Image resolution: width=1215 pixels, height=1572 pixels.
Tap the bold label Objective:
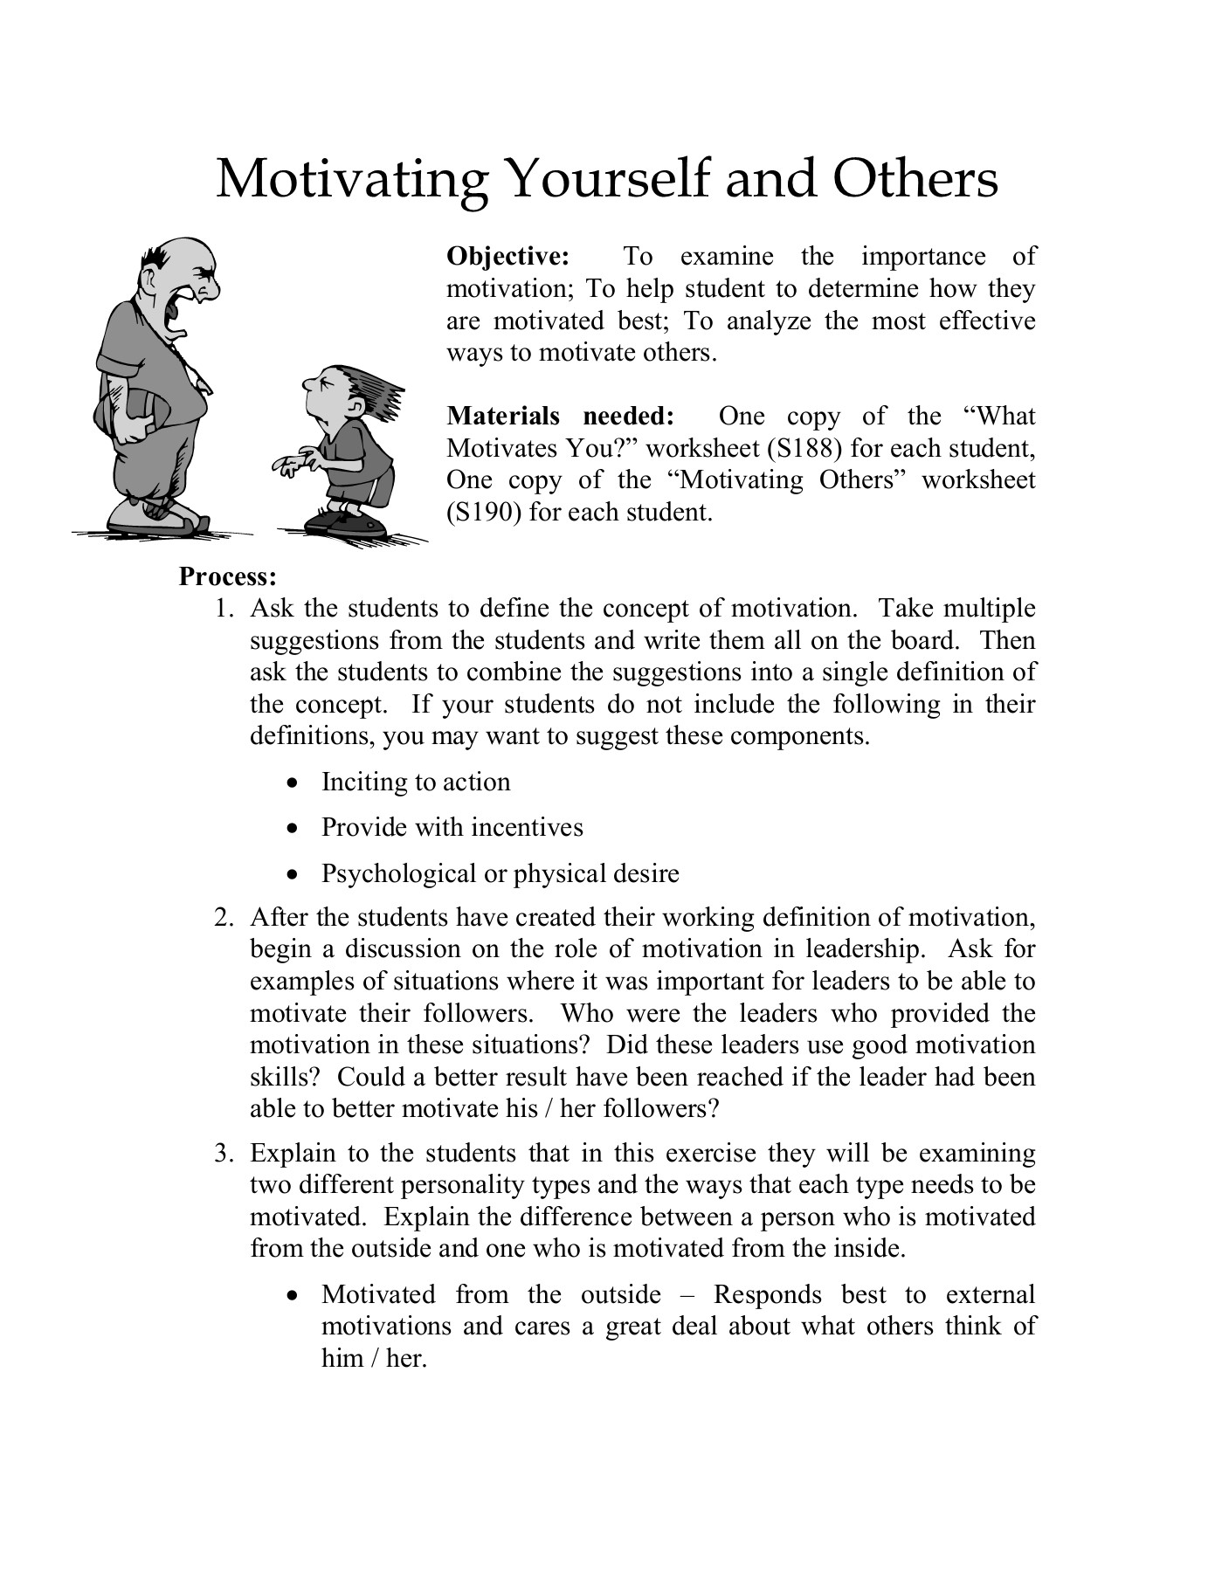tap(507, 257)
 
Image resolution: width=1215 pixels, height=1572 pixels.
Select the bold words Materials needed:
tap(560, 417)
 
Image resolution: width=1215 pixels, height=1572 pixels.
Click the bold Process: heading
tap(228, 576)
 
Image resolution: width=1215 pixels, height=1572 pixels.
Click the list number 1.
tap(224, 609)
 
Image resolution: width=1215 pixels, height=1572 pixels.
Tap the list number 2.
tap(224, 918)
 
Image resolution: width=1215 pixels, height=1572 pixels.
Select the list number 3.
tap(224, 1154)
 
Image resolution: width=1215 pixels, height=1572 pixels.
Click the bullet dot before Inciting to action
tap(297, 783)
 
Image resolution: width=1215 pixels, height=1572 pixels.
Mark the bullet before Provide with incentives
tap(297, 829)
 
